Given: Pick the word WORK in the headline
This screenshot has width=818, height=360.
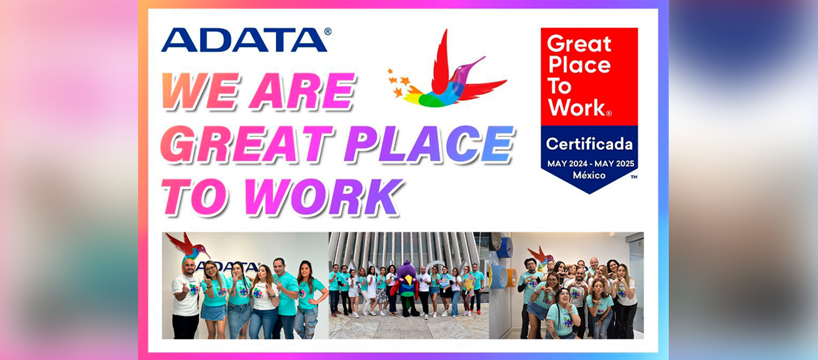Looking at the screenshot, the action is pyautogui.click(x=323, y=197).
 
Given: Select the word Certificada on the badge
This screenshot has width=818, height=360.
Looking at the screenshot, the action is pyautogui.click(x=589, y=144).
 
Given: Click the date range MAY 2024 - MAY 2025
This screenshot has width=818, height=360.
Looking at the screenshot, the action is pyautogui.click(x=590, y=164).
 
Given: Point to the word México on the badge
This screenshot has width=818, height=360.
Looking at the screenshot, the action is pyautogui.click(x=589, y=175).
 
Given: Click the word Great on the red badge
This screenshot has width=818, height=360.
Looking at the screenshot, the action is pyautogui.click(x=578, y=44).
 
